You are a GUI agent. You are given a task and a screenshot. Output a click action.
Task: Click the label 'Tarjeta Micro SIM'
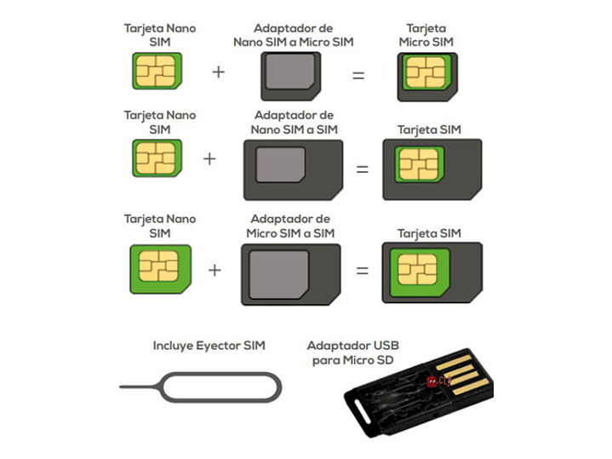(x=426, y=35)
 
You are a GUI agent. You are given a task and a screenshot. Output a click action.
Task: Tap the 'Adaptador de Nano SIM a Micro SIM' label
(x=293, y=35)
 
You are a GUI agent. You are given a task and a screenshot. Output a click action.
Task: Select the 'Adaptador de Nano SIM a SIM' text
(x=293, y=122)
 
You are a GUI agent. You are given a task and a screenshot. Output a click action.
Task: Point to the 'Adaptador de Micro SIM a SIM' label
(x=290, y=226)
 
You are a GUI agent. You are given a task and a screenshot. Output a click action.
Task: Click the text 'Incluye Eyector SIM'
(x=209, y=346)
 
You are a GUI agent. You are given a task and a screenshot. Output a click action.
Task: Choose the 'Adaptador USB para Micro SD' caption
(x=352, y=353)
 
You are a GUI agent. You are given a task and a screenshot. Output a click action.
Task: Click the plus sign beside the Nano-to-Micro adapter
(x=219, y=72)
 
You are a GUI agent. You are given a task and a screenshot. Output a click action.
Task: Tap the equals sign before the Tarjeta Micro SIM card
(x=358, y=75)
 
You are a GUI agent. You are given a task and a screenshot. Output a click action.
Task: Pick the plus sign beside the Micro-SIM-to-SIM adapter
(x=214, y=271)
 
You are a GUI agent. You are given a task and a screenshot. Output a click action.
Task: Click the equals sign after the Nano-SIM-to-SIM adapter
(x=362, y=169)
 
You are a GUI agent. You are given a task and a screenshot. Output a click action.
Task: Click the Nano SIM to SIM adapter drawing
(x=293, y=169)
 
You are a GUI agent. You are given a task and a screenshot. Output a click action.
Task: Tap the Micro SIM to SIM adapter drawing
(x=290, y=274)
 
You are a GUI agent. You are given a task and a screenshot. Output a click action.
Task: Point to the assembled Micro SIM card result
(x=427, y=75)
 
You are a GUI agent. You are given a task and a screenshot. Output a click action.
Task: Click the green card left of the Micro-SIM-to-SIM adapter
(x=159, y=268)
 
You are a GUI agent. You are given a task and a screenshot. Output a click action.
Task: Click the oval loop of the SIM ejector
(x=220, y=391)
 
